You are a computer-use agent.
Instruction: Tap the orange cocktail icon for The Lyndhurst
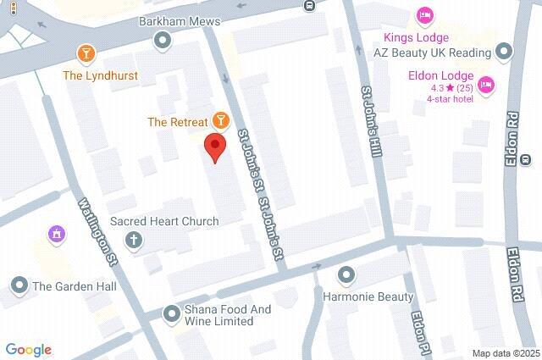point(85,55)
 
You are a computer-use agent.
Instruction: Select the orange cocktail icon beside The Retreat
point(220,121)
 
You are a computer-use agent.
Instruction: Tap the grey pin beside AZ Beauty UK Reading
point(505,53)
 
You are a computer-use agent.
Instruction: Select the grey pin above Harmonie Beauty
point(346,275)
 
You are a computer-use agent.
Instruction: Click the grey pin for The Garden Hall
point(18,285)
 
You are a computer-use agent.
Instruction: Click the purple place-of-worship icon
point(57,233)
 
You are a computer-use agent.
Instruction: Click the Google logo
point(28,349)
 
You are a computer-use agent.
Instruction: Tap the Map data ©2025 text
point(505,353)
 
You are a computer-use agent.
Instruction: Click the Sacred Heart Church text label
point(164,221)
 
